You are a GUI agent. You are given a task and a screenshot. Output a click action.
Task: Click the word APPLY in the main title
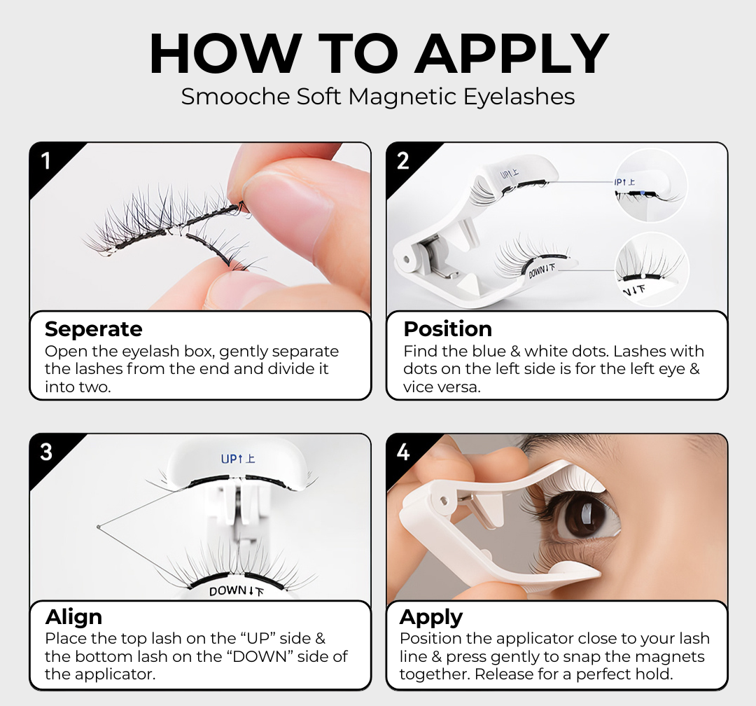pos(512,53)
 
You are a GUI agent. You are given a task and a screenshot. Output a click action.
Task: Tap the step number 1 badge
pos(46,160)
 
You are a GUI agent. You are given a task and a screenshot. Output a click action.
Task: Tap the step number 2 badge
pos(403,160)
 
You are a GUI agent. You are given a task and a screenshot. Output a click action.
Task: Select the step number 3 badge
pos(46,452)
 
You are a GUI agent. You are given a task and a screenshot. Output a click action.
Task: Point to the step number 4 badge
pos(403,452)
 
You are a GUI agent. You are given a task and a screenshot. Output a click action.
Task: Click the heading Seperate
pos(94,330)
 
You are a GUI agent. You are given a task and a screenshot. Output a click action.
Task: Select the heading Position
pos(448,329)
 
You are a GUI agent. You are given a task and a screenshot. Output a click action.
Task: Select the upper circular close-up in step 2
pos(651,186)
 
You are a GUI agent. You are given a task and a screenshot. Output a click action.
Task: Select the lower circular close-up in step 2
pos(652,269)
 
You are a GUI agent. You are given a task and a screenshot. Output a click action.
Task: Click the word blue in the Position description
pos(487,352)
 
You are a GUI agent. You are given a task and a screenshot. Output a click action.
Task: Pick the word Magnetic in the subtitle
pos(402,97)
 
